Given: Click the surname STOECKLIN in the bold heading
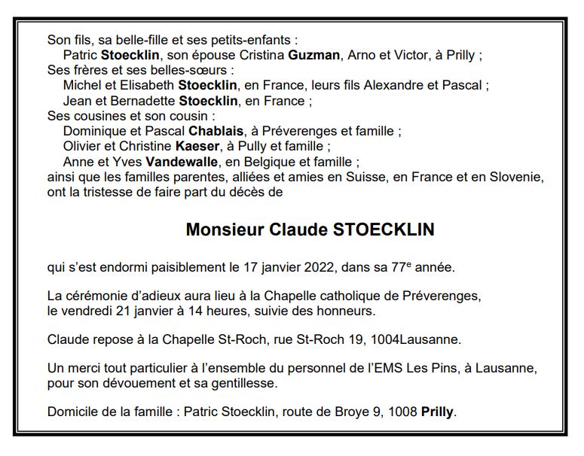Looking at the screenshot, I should (x=384, y=230).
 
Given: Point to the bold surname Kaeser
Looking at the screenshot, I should (x=195, y=146).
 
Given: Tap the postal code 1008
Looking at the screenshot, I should (x=400, y=412).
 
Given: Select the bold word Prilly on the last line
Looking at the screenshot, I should (x=437, y=412).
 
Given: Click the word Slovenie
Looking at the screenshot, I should (x=516, y=177).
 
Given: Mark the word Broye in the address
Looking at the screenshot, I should (x=347, y=412).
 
